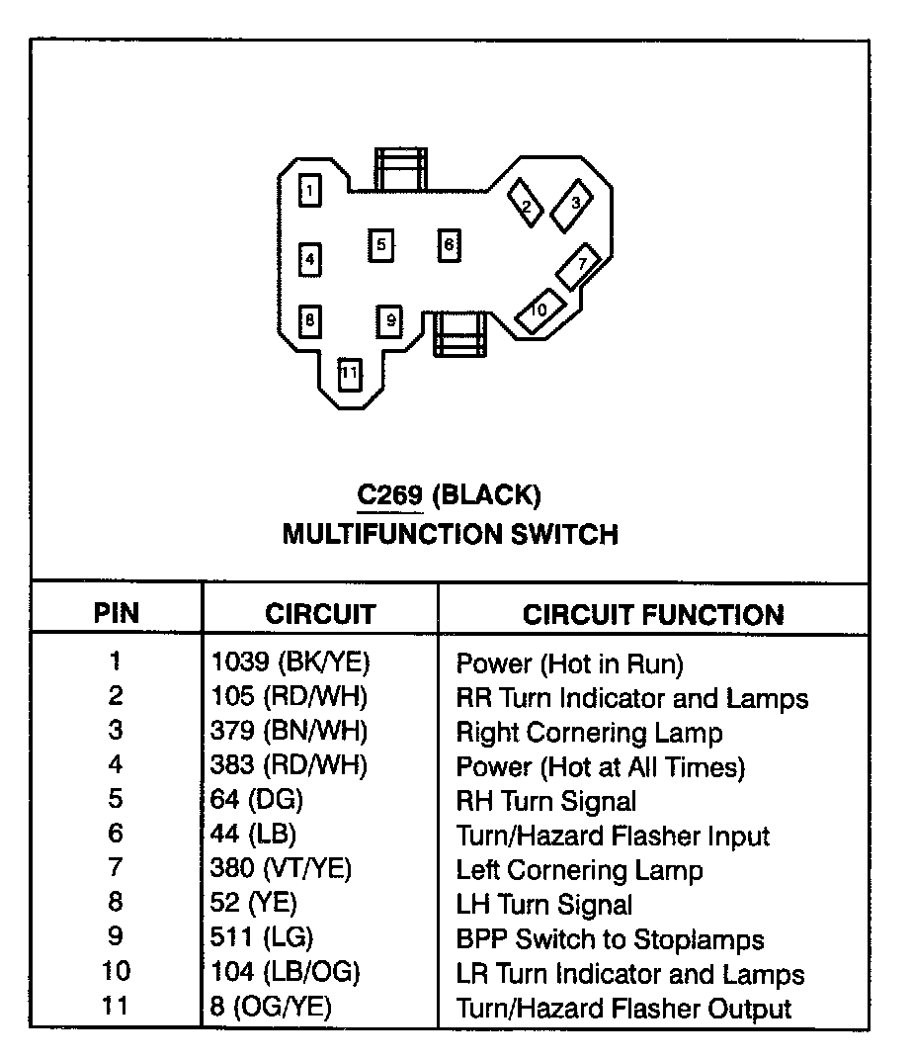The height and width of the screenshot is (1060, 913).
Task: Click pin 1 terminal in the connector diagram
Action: tap(310, 190)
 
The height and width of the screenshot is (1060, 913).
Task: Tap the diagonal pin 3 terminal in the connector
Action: tap(571, 204)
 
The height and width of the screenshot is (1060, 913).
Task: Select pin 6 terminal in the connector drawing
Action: tap(450, 244)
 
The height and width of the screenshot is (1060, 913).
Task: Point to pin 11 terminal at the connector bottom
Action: tap(349, 375)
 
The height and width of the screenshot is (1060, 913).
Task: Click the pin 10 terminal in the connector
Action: tap(539, 309)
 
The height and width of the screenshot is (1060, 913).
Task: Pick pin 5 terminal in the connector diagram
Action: tap(380, 244)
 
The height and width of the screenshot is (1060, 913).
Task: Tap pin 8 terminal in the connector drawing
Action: tap(310, 320)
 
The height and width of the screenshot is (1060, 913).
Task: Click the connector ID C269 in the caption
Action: tap(389, 493)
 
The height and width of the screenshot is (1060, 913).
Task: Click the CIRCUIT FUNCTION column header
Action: tap(652, 614)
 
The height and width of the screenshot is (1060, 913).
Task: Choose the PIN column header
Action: tap(117, 613)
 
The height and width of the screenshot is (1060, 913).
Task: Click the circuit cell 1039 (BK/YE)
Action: tap(283, 662)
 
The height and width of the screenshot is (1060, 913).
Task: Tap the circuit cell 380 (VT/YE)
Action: tap(282, 869)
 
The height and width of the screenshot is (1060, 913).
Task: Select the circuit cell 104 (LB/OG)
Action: tap(286, 972)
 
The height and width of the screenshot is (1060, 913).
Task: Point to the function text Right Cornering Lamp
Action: tap(589, 733)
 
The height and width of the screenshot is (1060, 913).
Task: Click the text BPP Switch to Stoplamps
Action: tap(610, 939)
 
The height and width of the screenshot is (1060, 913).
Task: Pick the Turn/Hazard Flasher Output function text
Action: tap(623, 1009)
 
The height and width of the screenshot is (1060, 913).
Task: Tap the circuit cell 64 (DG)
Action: tap(257, 800)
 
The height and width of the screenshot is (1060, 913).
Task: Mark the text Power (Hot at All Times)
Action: tap(600, 766)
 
